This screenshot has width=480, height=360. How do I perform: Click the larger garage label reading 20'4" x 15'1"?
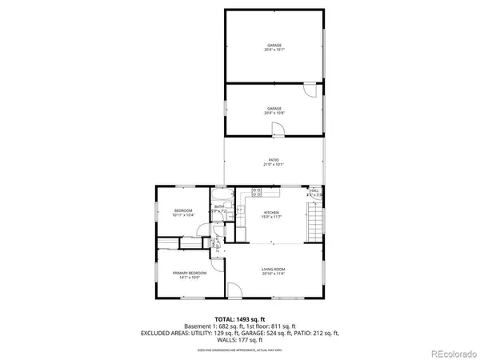pos(274,47)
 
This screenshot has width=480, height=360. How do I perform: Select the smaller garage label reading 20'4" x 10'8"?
pos(274,110)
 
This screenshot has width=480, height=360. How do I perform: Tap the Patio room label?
pos(274,162)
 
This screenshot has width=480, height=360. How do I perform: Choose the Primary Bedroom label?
pos(190,275)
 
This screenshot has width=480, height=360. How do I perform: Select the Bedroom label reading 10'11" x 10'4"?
pos(184,214)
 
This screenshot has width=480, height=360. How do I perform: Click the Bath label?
pos(218,209)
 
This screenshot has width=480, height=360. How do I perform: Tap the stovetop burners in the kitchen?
pos(258,192)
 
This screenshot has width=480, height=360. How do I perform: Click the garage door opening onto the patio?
pos(277,131)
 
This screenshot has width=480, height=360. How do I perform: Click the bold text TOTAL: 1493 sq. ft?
pos(240,318)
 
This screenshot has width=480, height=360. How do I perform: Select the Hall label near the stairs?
pos(314,192)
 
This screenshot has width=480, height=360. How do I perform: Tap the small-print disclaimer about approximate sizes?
pos(240,350)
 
